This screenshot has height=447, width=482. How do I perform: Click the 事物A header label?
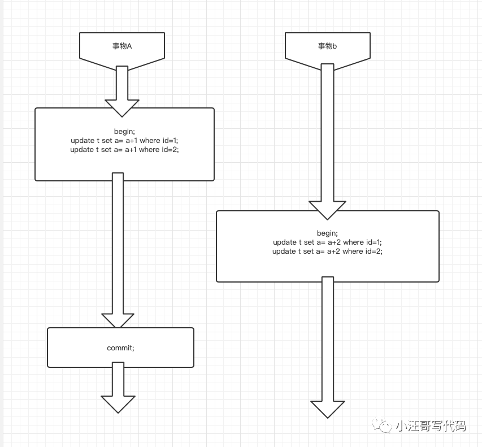click(122, 46)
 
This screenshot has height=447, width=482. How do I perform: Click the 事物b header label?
click(327, 46)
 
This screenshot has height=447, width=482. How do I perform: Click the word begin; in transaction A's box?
click(124, 132)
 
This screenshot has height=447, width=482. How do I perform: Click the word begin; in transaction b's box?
click(327, 233)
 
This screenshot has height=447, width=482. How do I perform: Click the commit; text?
click(120, 348)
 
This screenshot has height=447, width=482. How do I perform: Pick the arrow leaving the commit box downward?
click(118, 387)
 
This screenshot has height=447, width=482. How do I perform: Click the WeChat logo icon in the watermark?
click(384, 426)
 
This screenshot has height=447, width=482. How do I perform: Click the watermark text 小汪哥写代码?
click(431, 426)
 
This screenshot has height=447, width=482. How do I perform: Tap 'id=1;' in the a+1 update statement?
click(169, 141)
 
